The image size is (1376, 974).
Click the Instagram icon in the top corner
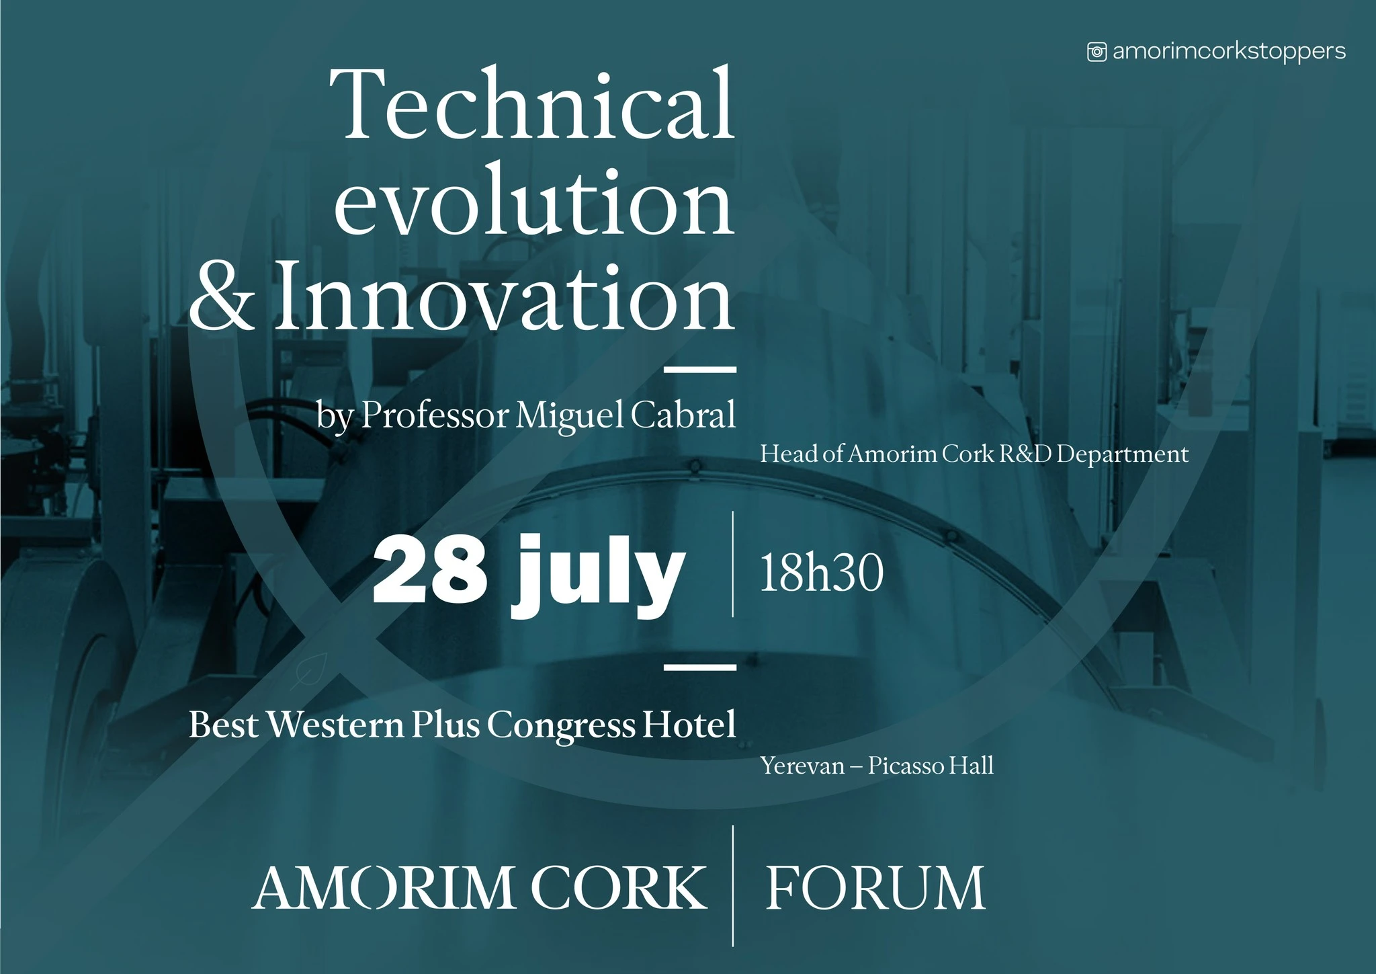point(1096,52)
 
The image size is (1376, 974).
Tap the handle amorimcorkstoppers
point(1229,52)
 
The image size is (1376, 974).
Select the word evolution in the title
point(534,201)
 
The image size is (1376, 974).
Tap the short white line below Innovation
point(699,369)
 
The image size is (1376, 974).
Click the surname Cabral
point(683,415)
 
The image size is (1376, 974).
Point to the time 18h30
point(822,573)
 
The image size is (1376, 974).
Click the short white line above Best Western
point(699,667)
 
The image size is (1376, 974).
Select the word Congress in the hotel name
point(561,726)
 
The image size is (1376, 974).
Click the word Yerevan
point(802,766)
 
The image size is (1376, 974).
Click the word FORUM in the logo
point(875,888)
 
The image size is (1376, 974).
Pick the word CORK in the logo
point(619,888)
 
